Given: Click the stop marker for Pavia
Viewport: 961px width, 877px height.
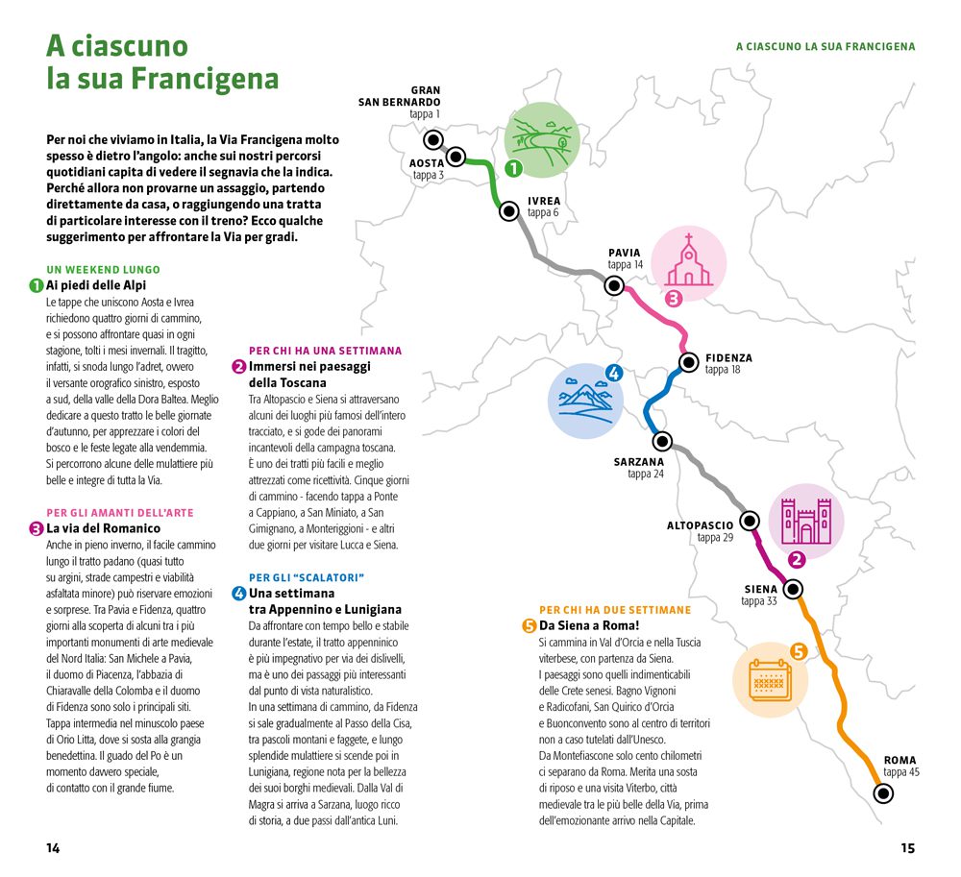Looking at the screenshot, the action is click(614, 285).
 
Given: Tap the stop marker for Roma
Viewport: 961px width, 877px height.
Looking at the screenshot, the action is click(883, 793).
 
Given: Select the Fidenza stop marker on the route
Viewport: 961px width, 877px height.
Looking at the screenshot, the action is click(689, 362).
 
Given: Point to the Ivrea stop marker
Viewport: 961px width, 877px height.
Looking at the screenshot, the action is click(508, 211).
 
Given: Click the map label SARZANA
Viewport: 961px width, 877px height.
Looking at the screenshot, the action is click(639, 462).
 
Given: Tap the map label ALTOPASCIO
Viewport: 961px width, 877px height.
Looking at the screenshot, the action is click(700, 525).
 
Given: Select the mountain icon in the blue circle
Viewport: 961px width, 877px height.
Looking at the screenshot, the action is click(585, 402).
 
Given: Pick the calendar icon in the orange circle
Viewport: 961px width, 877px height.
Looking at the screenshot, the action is click(771, 680).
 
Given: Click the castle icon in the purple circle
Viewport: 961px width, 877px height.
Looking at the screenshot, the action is click(806, 522).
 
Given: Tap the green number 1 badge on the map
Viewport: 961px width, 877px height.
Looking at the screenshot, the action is click(513, 168).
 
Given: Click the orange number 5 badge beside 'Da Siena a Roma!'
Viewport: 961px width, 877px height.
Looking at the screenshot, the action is click(529, 626).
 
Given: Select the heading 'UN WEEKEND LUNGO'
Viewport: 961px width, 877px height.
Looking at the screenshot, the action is click(103, 270).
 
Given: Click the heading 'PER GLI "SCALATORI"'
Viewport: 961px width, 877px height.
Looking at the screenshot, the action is click(307, 577).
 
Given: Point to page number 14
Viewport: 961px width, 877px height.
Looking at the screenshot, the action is click(53, 848).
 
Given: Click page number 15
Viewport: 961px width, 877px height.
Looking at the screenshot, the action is click(908, 848).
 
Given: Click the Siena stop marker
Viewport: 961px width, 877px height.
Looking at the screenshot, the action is click(793, 589).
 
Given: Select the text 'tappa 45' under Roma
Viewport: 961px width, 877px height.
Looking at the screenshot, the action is click(901, 772).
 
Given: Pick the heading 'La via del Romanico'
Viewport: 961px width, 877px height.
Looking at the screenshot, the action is click(103, 528).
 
